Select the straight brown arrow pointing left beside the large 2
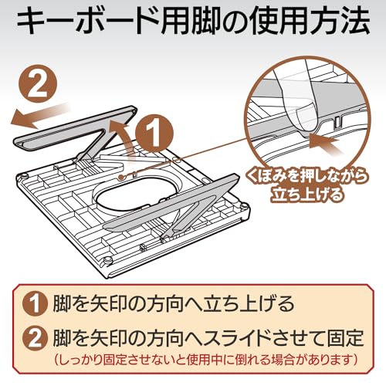[x=39, y=115]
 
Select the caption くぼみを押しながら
[x=306, y=177]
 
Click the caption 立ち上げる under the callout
[x=307, y=194]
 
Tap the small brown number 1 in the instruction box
[x=36, y=304]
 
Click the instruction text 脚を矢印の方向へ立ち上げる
[x=174, y=304]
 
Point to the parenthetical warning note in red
[x=206, y=360]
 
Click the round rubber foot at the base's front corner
[x=107, y=260]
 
